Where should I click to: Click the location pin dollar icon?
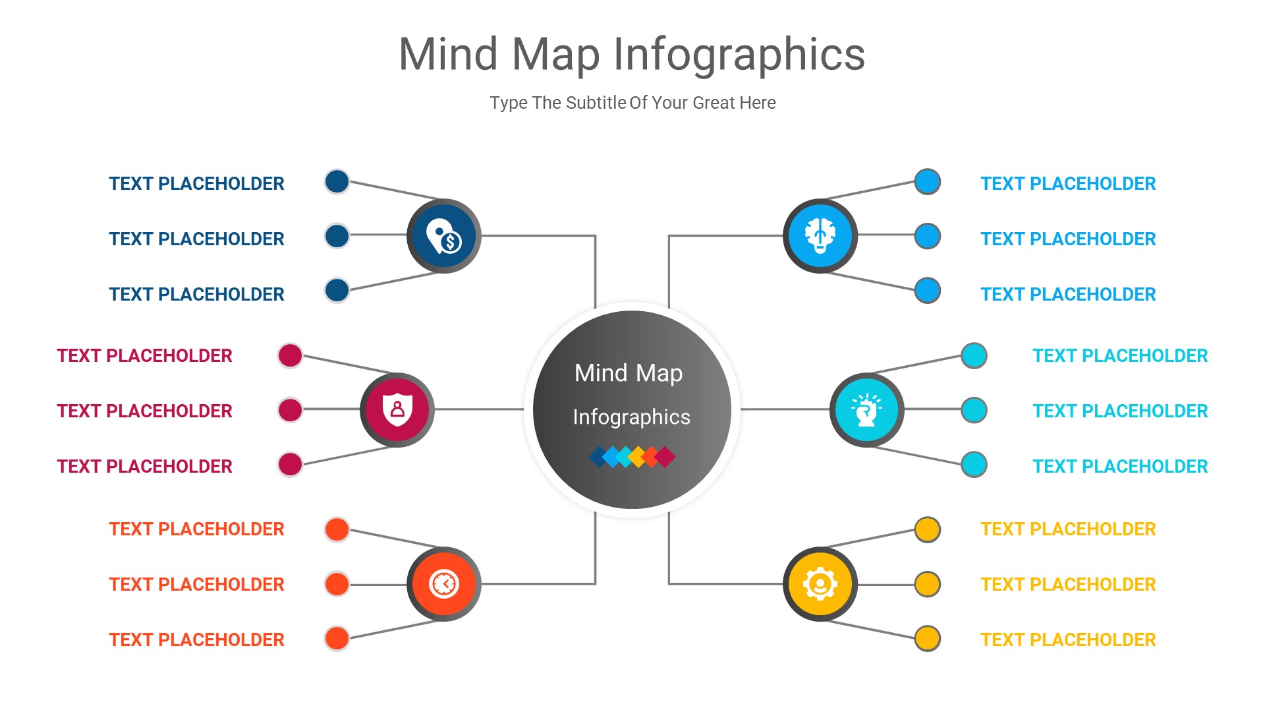point(444,236)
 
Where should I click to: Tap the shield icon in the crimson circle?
point(397,409)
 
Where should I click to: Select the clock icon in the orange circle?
point(444,583)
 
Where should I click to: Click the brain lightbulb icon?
point(820,235)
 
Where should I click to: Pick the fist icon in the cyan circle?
point(866,409)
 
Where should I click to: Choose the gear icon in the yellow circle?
point(820,583)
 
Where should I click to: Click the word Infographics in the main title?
point(739,55)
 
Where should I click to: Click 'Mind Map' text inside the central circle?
point(629,373)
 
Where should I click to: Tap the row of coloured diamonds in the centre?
point(632,456)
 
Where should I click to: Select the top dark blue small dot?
point(337,181)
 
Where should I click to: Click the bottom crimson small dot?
point(290,464)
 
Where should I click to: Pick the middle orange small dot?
point(337,583)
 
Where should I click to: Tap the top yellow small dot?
point(927,529)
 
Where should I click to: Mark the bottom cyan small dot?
point(974,464)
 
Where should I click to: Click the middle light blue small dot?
point(927,236)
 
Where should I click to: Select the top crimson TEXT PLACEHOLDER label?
point(144,356)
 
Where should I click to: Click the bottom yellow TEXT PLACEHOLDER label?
point(1068,639)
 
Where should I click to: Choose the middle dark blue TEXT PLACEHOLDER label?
point(196,239)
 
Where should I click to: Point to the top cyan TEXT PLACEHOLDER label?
point(1120,356)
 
